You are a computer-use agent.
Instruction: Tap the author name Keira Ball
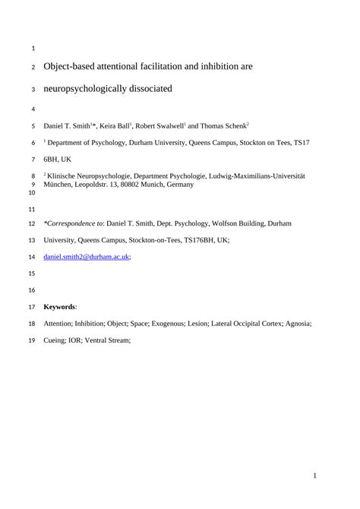(117, 125)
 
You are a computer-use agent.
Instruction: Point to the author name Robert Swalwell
(159, 125)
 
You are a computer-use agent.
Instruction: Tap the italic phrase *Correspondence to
(73, 223)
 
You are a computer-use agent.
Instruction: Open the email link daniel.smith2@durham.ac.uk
(87, 258)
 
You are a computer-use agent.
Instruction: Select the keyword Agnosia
(298, 324)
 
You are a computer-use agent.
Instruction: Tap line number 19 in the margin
(31, 341)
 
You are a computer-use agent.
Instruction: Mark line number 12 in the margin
(31, 224)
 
